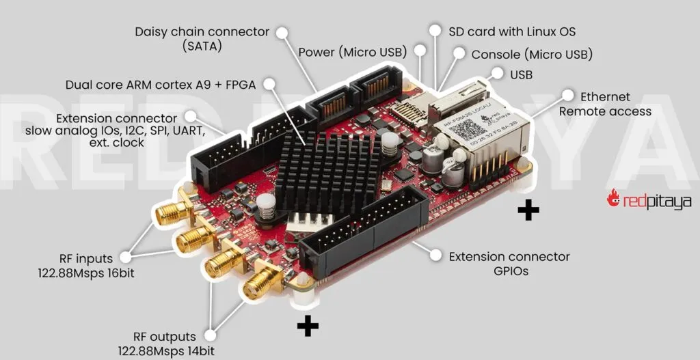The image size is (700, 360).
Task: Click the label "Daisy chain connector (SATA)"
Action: (202, 39)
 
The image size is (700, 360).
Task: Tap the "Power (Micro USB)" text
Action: (352, 53)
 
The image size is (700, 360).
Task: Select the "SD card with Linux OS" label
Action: (511, 31)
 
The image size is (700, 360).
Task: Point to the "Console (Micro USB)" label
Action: (532, 54)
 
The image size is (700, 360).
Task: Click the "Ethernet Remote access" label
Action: (605, 104)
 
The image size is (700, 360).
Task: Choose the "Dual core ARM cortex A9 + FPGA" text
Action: (161, 85)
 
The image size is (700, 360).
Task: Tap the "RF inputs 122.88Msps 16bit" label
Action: (86, 265)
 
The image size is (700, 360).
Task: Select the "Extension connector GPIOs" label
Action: (509, 264)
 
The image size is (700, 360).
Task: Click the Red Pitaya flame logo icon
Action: (613, 198)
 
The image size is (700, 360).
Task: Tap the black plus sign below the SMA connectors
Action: (308, 327)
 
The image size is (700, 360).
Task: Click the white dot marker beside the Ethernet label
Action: (567, 95)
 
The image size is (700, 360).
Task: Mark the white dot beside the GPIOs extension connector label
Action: (435, 255)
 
